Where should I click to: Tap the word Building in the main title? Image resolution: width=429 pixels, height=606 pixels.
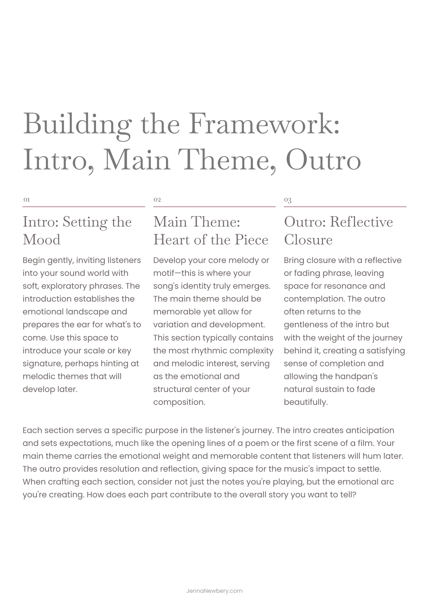77,124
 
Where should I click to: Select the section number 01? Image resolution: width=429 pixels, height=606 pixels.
27,200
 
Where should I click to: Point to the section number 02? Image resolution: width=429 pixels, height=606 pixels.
157,200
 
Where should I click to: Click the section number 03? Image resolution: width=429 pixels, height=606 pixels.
288,200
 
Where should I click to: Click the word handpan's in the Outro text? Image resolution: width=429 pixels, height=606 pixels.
357,376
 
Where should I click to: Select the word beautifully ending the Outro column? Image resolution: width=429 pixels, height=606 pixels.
305,402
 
